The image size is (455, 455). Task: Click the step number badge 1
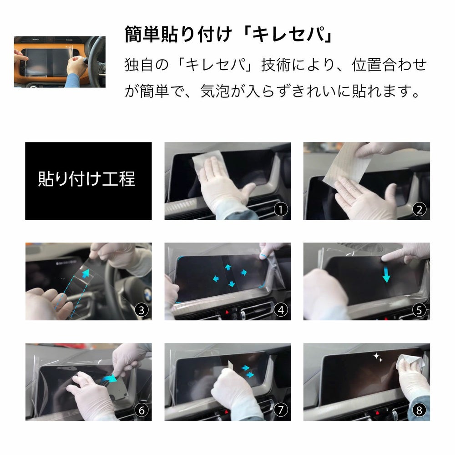point(282,210)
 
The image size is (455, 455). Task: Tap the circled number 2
point(420,210)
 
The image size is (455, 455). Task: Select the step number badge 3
point(142,310)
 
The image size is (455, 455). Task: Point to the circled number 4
point(282,310)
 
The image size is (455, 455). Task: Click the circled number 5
point(420,310)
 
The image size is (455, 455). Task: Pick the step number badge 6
point(142,410)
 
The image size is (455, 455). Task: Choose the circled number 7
point(282,410)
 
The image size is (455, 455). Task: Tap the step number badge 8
point(420,410)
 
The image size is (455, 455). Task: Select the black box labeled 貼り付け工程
point(88,181)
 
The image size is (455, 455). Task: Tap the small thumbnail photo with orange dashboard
point(60,61)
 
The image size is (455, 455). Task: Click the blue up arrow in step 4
point(228,268)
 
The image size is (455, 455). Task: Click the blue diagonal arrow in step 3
point(85,274)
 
